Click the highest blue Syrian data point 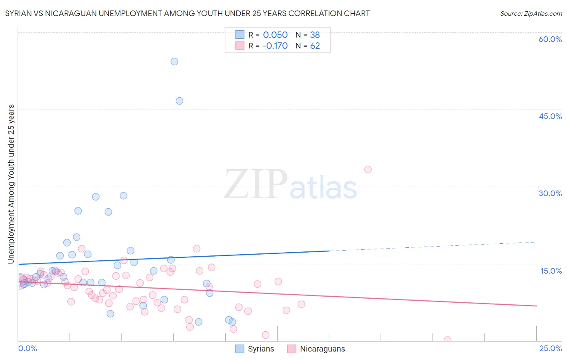(x=174, y=61)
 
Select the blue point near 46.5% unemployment (x=179, y=101)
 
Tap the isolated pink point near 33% (x=368, y=170)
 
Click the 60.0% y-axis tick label (x=550, y=39)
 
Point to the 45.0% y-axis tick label (x=550, y=116)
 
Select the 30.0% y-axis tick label (x=550, y=193)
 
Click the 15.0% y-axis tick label (x=551, y=271)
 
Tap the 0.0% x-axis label (x=27, y=348)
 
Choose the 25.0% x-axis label (x=550, y=348)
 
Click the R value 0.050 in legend (x=275, y=35)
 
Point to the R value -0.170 (x=275, y=46)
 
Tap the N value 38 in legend (x=315, y=35)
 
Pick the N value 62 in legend (x=315, y=46)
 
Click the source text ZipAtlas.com (x=531, y=14)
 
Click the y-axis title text (x=11, y=184)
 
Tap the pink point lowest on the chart (x=447, y=340)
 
